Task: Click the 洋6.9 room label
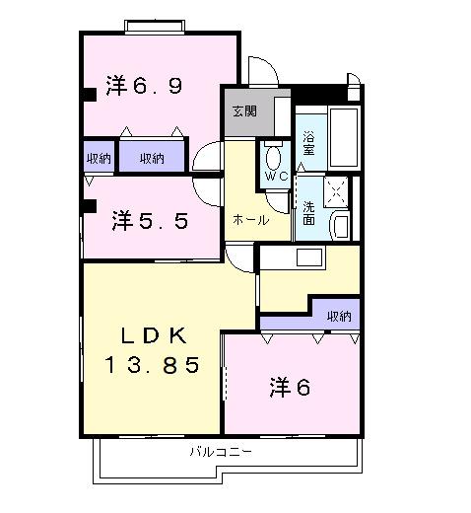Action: [144, 86]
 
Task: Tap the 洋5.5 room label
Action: [150, 220]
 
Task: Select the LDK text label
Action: [154, 335]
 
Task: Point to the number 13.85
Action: [152, 365]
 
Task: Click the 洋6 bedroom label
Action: [290, 387]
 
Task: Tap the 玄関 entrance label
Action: [244, 111]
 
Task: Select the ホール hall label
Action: [250, 220]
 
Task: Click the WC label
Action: [276, 177]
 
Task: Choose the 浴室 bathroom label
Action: [308, 143]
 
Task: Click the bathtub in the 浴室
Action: [343, 137]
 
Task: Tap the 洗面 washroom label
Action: [308, 213]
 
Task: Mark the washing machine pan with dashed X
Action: [336, 191]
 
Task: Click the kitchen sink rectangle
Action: [309, 257]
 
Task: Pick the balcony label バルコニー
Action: [221, 452]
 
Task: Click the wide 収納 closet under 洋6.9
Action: [152, 156]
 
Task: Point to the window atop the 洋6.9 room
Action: [155, 27]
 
